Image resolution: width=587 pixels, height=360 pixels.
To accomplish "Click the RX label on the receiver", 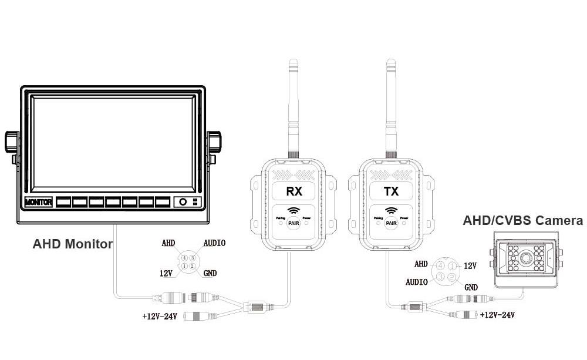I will [x=294, y=191].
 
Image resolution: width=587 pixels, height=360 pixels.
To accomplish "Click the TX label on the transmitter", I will [x=392, y=191].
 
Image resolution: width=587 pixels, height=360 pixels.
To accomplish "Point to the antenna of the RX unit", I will [x=293, y=106].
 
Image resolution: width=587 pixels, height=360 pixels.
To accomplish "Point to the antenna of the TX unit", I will [x=390, y=106].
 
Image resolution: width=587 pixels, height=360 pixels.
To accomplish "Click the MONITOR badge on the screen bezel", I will [x=38, y=203].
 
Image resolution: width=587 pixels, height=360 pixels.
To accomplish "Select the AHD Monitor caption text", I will [x=72, y=244].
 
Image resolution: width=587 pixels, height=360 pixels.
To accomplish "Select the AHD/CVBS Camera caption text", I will [x=523, y=221].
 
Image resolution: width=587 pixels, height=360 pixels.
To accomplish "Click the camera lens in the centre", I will [x=526, y=258].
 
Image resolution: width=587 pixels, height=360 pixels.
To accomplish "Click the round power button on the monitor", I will [x=183, y=202].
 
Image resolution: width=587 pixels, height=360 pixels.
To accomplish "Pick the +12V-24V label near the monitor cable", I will [x=160, y=316].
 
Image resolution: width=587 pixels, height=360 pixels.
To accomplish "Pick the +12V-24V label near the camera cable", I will [x=497, y=315].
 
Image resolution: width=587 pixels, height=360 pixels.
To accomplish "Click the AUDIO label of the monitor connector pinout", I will [x=214, y=243].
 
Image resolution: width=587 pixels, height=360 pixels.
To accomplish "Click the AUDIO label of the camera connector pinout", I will [x=417, y=282].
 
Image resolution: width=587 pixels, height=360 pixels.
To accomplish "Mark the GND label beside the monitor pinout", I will [x=210, y=273].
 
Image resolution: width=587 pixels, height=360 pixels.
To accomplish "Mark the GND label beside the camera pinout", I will [x=471, y=287].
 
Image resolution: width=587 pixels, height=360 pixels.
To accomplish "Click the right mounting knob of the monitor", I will [x=215, y=140].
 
